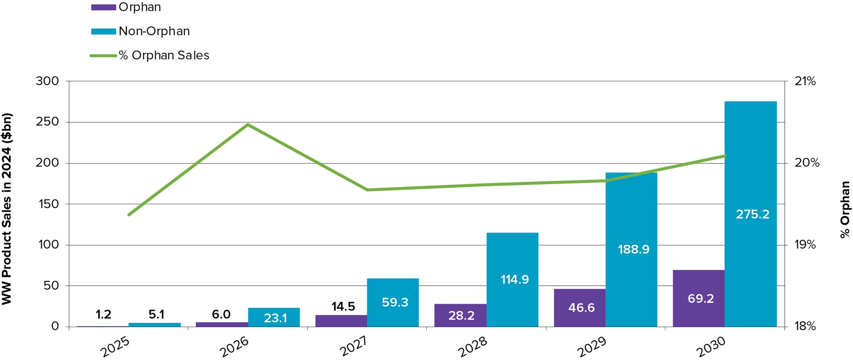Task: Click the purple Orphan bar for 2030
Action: click(x=699, y=298)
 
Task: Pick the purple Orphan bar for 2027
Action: click(x=341, y=321)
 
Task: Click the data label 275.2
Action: click(x=753, y=214)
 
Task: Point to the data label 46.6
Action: click(x=581, y=308)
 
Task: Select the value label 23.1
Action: click(x=275, y=318)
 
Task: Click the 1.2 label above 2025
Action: click(x=103, y=315)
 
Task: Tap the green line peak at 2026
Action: click(x=248, y=125)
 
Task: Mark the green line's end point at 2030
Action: click(x=725, y=156)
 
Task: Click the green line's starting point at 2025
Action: click(x=129, y=215)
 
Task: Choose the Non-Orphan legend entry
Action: click(x=154, y=31)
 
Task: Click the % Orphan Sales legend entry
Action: click(x=164, y=55)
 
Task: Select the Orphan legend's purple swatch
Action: click(x=103, y=7)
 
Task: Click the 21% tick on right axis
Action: click(x=805, y=81)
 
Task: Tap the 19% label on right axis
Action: click(x=805, y=245)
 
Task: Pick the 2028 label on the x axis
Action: click(x=472, y=347)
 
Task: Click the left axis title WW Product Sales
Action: click(x=7, y=209)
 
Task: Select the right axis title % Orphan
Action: click(x=844, y=209)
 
